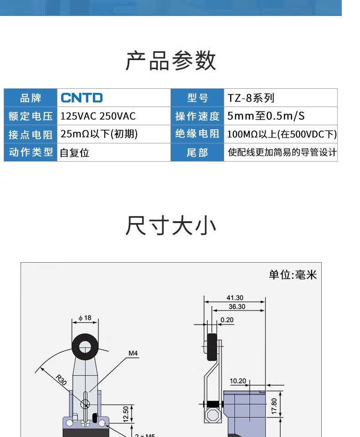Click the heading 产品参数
click(171, 61)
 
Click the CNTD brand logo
click(82, 98)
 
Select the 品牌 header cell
click(31, 98)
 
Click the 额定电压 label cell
click(31, 116)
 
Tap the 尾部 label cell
click(197, 152)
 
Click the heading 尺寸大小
click(171, 226)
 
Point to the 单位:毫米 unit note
click(293, 274)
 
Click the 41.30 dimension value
click(235, 298)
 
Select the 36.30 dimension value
click(237, 307)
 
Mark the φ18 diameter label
click(85, 318)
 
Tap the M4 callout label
click(133, 353)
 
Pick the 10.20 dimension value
click(238, 381)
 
